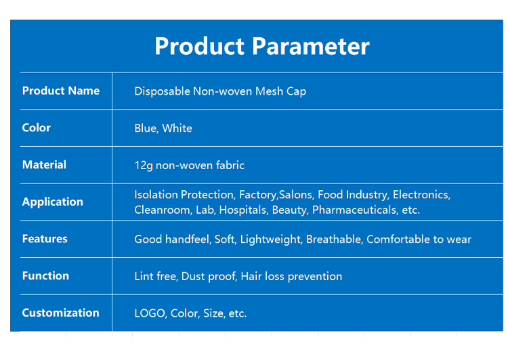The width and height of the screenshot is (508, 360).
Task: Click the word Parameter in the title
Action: [311, 46]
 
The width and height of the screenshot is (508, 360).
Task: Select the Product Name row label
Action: [60, 91]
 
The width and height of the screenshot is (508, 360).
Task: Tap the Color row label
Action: [37, 128]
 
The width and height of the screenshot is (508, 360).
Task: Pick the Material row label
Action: [44, 164]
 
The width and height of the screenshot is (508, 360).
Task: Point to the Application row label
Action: [53, 202]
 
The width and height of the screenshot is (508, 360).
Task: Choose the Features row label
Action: [45, 239]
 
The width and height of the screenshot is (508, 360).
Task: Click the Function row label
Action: [45, 275]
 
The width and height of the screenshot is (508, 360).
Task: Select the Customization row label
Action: [60, 313]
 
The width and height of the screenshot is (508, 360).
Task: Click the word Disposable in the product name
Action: [162, 91]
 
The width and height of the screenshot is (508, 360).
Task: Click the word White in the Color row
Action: [177, 128]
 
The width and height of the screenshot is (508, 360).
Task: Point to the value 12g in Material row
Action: [143, 165]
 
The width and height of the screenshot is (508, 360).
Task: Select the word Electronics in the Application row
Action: [421, 195]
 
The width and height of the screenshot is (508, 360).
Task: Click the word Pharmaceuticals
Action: [354, 210]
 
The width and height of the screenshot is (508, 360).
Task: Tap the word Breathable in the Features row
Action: [334, 239]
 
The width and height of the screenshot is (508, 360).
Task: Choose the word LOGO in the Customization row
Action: [150, 313]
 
